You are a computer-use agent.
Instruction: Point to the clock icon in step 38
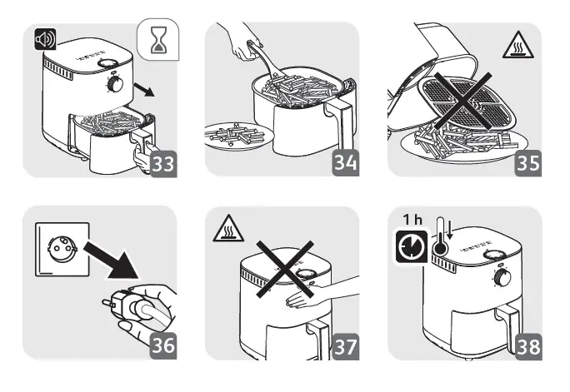tap(412, 248)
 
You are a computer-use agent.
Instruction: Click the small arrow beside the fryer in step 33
tap(147, 90)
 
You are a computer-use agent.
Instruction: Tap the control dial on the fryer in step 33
tap(114, 85)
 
